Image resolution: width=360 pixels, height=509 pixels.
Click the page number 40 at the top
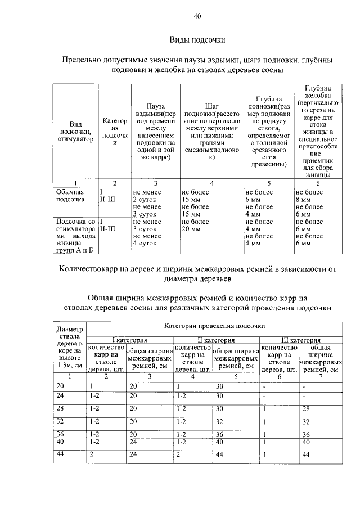click(197, 17)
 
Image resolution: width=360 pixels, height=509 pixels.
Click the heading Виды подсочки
click(197, 40)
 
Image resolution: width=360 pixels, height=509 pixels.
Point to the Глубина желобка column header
click(317, 132)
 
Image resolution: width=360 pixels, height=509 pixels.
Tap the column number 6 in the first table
click(317, 183)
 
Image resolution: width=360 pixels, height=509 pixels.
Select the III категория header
click(301, 340)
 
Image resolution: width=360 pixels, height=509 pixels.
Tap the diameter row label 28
click(61, 408)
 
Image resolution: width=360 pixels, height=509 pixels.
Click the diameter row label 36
click(61, 434)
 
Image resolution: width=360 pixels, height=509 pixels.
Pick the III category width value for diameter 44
click(307, 454)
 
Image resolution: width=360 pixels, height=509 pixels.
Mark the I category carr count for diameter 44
click(91, 454)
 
